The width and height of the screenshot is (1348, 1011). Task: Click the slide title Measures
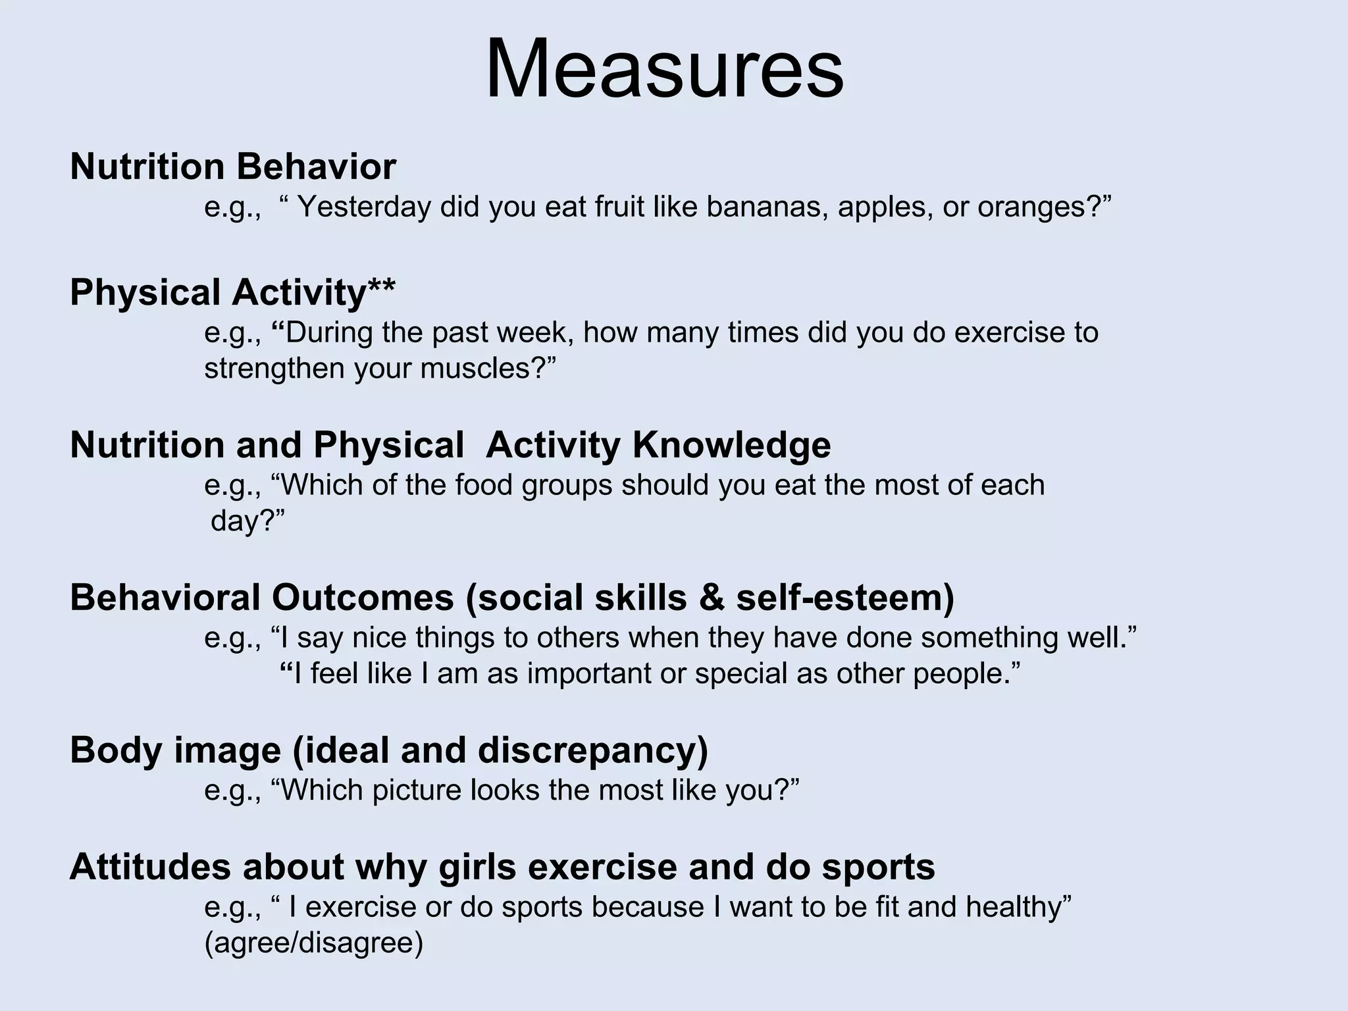coord(664,69)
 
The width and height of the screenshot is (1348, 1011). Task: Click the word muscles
coord(474,368)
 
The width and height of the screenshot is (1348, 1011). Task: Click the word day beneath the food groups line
coord(236,521)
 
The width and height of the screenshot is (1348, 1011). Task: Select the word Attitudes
coord(150,867)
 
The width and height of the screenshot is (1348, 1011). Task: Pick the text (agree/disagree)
coord(313,943)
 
